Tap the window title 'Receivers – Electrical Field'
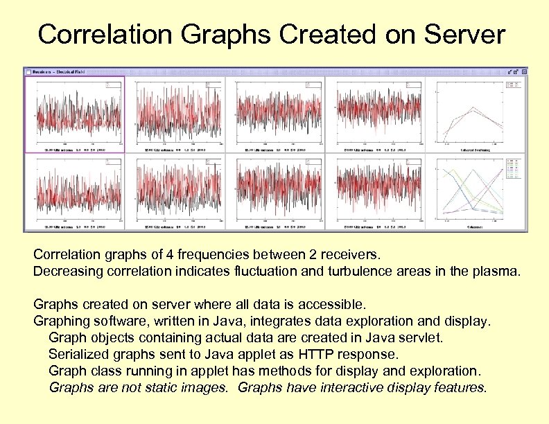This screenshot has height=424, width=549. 62,71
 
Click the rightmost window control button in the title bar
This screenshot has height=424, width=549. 524,71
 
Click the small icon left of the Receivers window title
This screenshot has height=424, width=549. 28,71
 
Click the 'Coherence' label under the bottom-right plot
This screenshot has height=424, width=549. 476,227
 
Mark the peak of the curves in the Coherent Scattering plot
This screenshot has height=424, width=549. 473,108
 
